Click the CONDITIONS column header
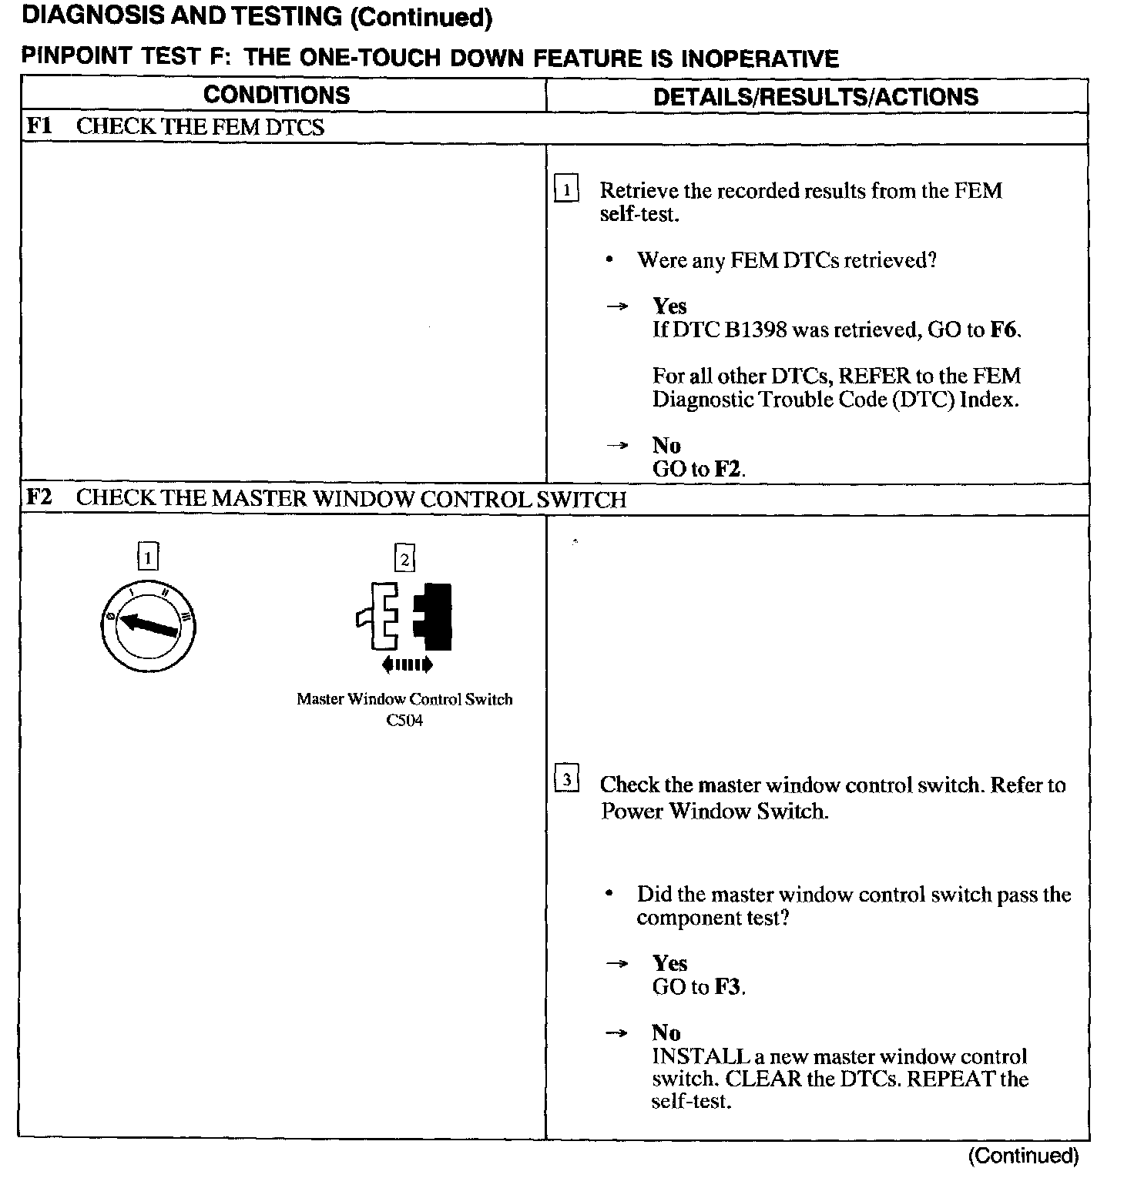(277, 95)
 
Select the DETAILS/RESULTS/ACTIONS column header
(815, 96)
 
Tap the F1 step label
(39, 125)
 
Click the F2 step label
(39, 497)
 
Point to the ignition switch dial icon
(148, 624)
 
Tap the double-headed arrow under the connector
(407, 664)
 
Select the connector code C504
(404, 721)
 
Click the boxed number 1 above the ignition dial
(148, 556)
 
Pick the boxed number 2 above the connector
(404, 557)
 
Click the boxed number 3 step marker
(567, 780)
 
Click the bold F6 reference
(1003, 330)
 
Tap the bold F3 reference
(727, 987)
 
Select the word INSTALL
(700, 1056)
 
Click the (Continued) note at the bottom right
(1023, 1156)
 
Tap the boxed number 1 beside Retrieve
(566, 189)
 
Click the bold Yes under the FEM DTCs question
(669, 306)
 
